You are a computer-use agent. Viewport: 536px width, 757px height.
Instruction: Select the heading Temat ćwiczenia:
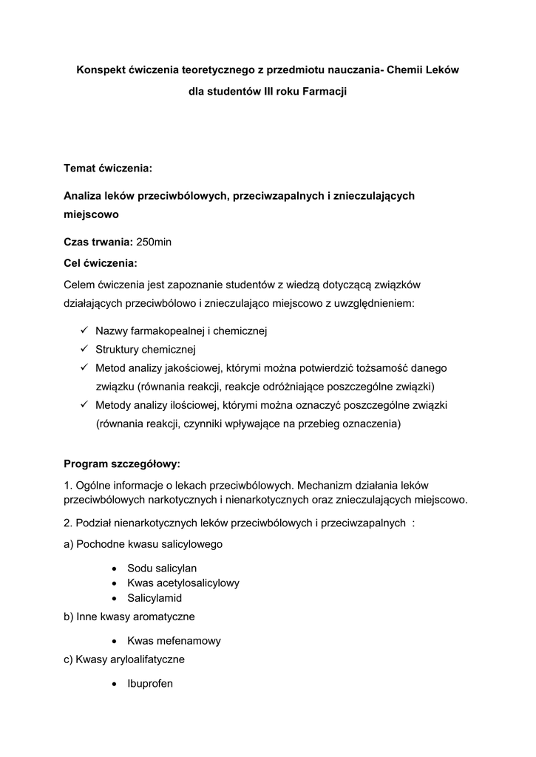pyautogui.click(x=107, y=169)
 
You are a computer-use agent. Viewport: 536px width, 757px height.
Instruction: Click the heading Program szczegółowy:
pyautogui.click(x=122, y=464)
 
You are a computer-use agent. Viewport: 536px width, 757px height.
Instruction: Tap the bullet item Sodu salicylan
pyautogui.click(x=162, y=568)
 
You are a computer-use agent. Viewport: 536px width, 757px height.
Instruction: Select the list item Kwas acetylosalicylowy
pyautogui.click(x=183, y=583)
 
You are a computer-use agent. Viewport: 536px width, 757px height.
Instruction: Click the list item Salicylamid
pyautogui.click(x=155, y=598)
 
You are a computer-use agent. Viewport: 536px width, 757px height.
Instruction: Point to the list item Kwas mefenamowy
pyautogui.click(x=174, y=641)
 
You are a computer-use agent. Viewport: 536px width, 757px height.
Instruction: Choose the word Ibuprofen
pyautogui.click(x=150, y=684)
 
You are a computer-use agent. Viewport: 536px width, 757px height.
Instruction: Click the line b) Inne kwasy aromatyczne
pyautogui.click(x=129, y=616)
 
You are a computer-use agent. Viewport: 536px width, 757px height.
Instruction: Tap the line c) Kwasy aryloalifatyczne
pyautogui.click(x=124, y=659)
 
